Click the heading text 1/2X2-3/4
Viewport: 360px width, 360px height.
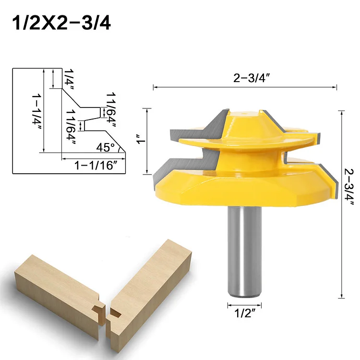click(x=60, y=23)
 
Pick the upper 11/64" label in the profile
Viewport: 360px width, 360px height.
click(x=112, y=109)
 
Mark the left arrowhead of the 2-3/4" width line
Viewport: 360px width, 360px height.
click(x=155, y=87)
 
